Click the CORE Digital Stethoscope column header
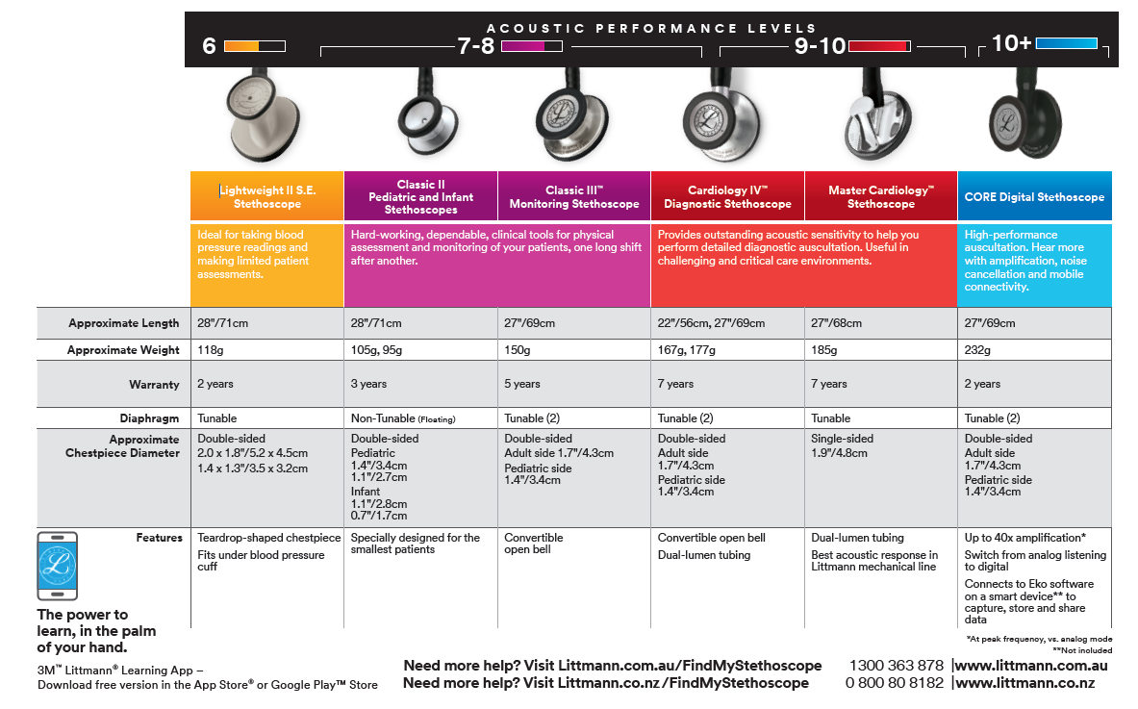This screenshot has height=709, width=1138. [1034, 197]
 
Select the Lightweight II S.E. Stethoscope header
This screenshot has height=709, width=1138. [267, 197]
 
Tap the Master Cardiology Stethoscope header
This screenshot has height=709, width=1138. [881, 197]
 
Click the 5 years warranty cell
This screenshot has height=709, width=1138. [522, 384]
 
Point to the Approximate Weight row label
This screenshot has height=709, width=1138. [123, 351]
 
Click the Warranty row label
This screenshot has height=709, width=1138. [154, 385]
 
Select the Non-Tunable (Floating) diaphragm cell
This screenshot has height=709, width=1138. [402, 418]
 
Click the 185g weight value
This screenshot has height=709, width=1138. [824, 351]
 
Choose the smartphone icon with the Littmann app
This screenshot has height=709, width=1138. [57, 565]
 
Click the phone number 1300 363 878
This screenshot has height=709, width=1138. [896, 666]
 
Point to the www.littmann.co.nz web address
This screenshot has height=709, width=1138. [1024, 683]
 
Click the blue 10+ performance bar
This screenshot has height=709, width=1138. [1066, 43]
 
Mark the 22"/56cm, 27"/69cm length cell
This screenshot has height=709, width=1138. [712, 323]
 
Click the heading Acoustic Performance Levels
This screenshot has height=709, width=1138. [651, 28]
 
